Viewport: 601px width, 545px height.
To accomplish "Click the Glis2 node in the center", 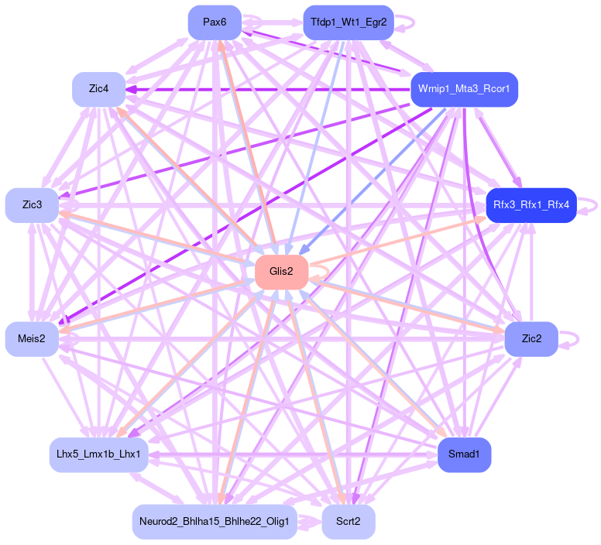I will coord(281,272).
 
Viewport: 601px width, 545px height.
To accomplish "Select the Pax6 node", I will coord(215,22).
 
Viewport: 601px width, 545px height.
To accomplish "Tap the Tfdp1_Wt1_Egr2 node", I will coord(348,22).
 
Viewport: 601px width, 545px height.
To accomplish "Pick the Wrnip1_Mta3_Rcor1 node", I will coord(463,90).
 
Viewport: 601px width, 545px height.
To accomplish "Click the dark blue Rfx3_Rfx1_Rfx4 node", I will coord(531,205).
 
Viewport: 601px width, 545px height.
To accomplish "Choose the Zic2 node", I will coord(531,339).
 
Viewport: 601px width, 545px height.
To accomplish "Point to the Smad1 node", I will coord(464,454).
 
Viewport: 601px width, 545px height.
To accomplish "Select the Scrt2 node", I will coord(348,522).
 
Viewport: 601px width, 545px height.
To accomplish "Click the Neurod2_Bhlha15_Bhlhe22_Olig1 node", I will coord(215,522).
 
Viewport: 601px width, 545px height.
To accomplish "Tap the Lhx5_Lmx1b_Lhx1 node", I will coord(98,454).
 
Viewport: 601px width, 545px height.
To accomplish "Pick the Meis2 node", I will coord(32,339).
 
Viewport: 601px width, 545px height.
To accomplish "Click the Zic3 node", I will coord(32,205).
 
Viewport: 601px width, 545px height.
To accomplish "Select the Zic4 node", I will coord(98,90).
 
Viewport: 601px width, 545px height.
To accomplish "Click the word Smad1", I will coord(464,454).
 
